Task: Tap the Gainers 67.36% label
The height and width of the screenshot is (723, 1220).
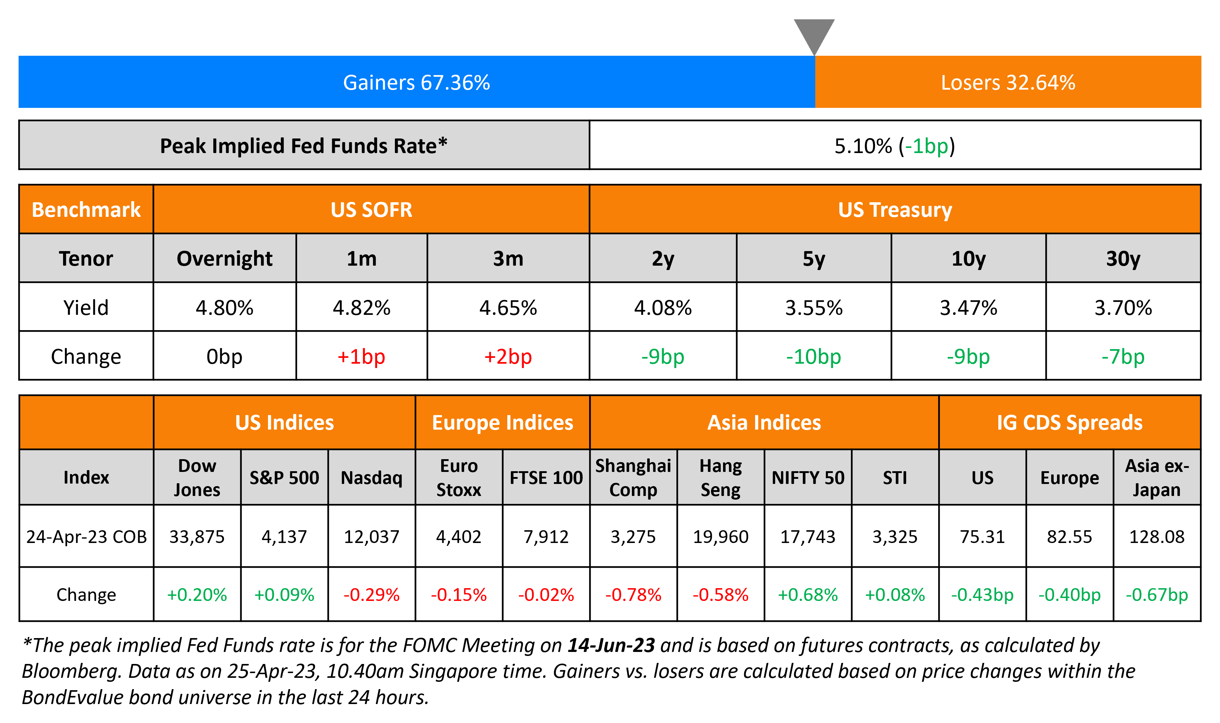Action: point(416,82)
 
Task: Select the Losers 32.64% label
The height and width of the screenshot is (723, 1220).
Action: point(1008,82)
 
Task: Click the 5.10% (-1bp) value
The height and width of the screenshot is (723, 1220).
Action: point(894,146)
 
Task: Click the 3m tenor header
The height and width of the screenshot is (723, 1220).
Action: point(508,258)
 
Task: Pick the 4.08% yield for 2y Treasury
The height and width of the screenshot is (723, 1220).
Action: point(663,308)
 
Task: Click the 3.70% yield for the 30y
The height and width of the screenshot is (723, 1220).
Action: point(1123,308)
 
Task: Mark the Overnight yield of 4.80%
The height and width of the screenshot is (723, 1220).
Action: point(224,308)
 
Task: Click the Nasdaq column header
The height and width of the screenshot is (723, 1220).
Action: point(372,477)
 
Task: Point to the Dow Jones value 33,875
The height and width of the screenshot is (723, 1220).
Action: point(197,536)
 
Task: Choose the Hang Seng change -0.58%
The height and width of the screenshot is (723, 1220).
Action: point(720,594)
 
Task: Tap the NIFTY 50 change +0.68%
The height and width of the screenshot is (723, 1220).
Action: point(808,594)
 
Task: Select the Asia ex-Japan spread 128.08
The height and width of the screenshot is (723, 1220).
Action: point(1157,536)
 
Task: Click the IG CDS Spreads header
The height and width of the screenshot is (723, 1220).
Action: point(1069,422)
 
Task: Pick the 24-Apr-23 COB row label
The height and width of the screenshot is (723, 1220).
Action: point(86,536)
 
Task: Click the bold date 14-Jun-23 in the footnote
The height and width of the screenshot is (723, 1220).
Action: point(611,645)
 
